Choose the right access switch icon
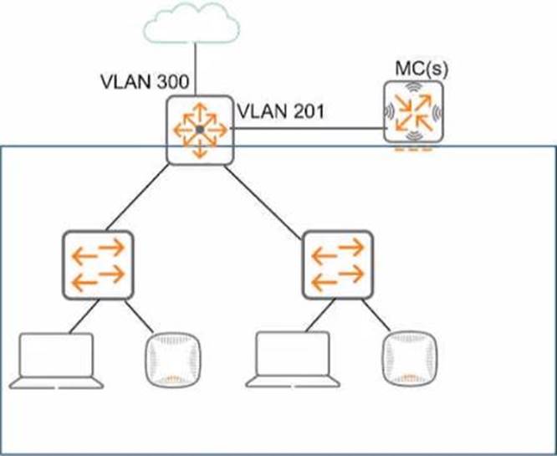coord(337,261)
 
